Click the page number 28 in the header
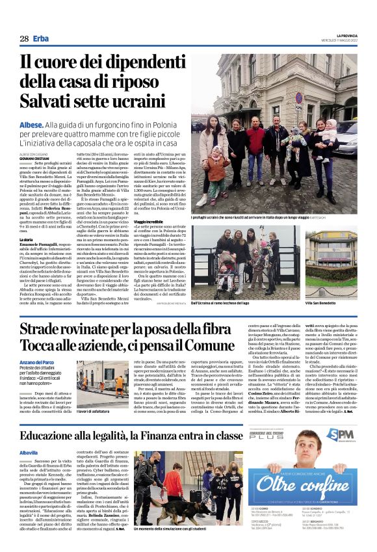[24, 38]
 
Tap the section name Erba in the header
[42, 38]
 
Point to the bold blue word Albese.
[32, 124]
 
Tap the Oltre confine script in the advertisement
[295, 485]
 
